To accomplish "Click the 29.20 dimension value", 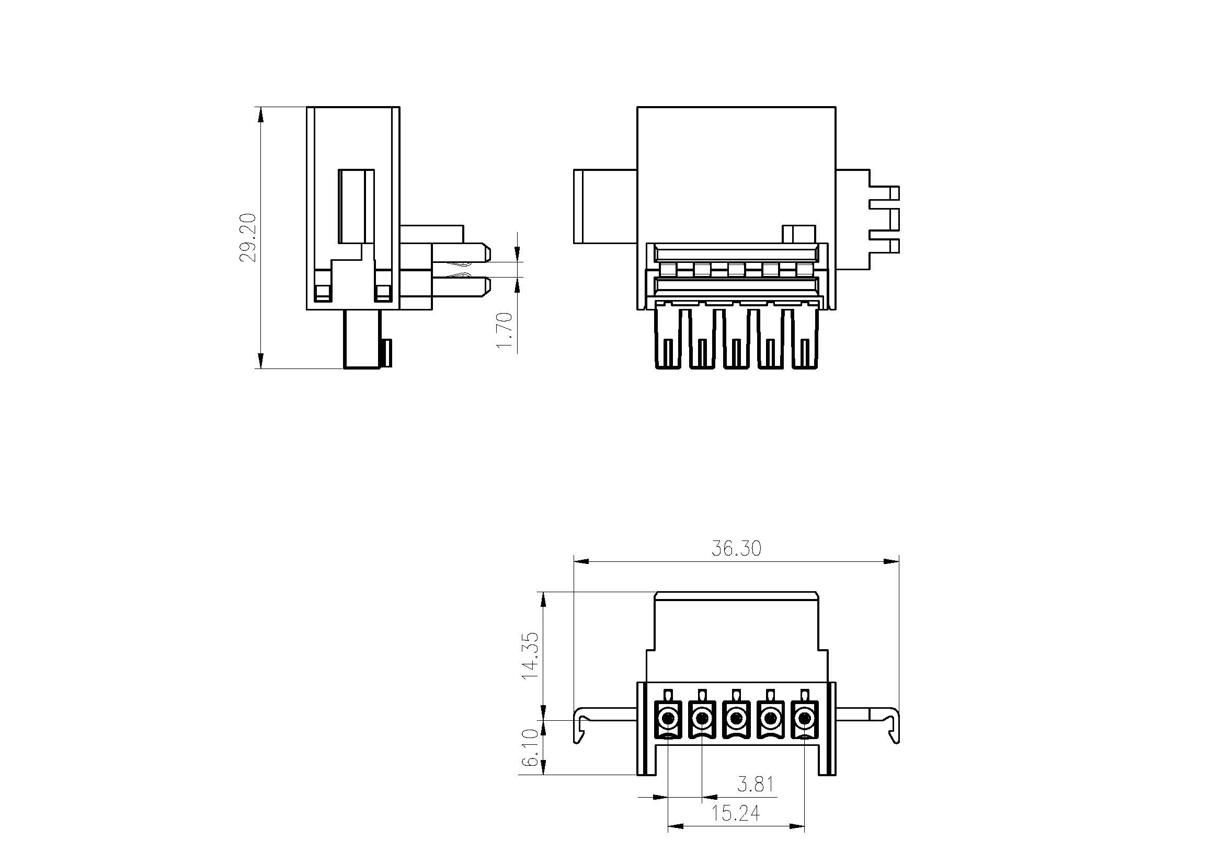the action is (248, 237).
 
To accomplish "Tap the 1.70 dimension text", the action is (505, 330).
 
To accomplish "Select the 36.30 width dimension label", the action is (736, 549).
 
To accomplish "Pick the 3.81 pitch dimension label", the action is (756, 784).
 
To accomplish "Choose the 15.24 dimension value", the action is (736, 813).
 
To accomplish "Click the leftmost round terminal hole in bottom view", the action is (668, 720).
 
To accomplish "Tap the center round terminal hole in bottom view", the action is (736, 720).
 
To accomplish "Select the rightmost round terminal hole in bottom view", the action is (804, 720).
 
